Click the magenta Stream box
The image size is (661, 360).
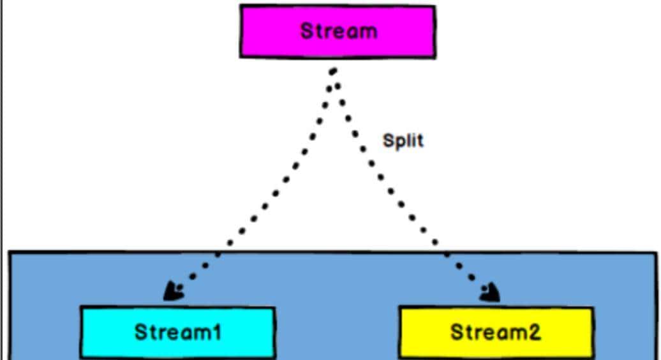click(338, 31)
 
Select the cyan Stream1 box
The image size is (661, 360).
click(177, 332)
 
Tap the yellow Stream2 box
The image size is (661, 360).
click(496, 332)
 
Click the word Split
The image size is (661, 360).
click(403, 140)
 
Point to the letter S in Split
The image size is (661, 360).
click(387, 140)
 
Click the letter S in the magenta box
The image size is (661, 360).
click(306, 31)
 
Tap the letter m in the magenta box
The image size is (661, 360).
click(366, 31)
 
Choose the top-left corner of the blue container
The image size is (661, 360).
click(10, 253)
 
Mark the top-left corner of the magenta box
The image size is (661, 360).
click(241, 6)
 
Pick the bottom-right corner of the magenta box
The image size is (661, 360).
click(435, 57)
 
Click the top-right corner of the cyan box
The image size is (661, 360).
click(274, 308)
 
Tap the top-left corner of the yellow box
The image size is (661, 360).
click(400, 308)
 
